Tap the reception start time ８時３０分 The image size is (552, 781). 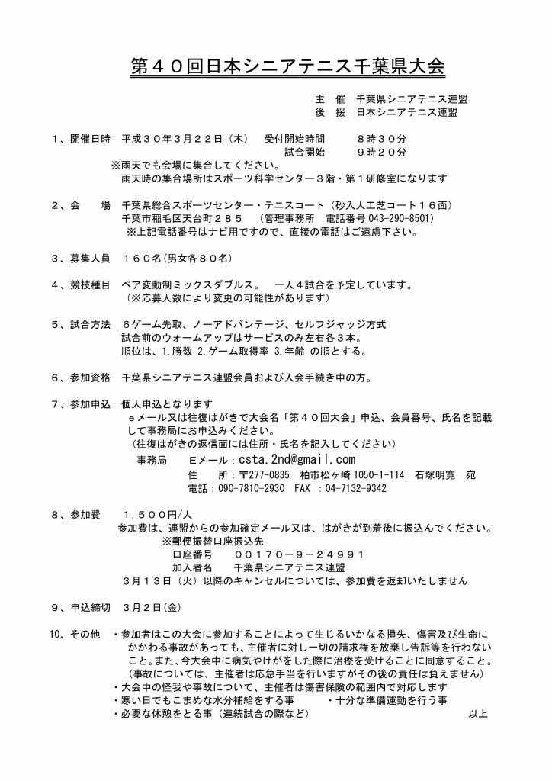click(x=381, y=140)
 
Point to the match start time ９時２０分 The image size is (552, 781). click(x=381, y=153)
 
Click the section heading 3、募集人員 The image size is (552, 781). click(x=82, y=259)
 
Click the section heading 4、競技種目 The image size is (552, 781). click(x=82, y=285)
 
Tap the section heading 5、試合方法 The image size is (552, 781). click(x=82, y=325)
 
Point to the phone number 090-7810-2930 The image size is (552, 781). click(x=242, y=488)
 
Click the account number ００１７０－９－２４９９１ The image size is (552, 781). click(x=299, y=554)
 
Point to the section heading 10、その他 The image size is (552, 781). click(x=75, y=634)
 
